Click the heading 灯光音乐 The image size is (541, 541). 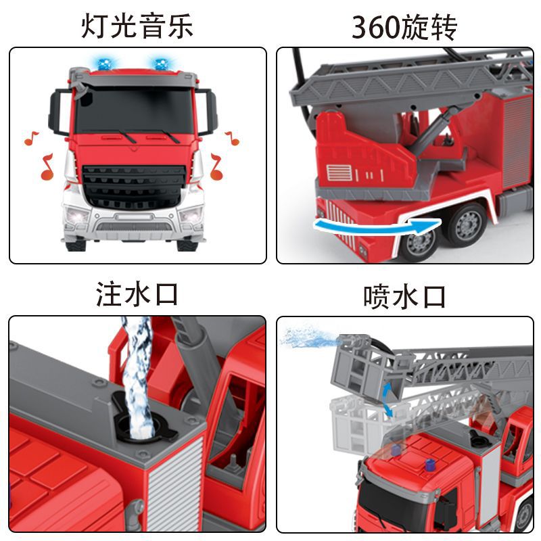(x=137, y=26)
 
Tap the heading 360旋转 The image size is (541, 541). (x=404, y=27)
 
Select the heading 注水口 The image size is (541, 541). (x=137, y=294)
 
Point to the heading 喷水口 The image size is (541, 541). (x=404, y=296)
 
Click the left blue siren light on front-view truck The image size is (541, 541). (x=105, y=64)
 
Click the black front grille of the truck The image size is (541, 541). (x=134, y=187)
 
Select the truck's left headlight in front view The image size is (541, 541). (x=77, y=216)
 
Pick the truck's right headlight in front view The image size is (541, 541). (x=191, y=215)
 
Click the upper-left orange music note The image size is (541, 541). (x=31, y=138)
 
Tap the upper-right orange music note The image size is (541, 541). (x=233, y=138)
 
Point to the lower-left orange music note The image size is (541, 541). (x=47, y=167)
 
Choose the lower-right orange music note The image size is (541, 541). (x=216, y=167)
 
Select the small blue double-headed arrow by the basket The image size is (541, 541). (x=387, y=400)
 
